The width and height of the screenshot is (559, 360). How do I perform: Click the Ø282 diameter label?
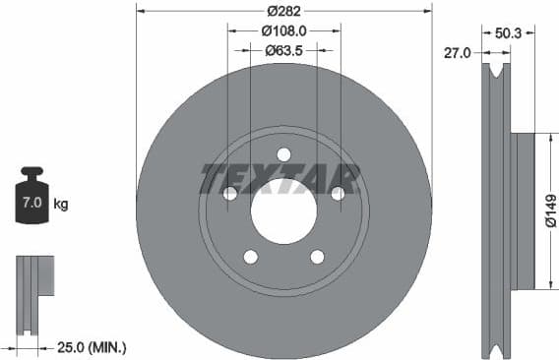click(283, 11)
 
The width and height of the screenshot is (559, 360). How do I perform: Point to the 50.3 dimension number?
click(509, 32)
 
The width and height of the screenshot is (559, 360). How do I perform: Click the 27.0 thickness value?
click(460, 53)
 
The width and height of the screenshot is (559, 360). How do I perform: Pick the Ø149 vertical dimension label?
click(550, 210)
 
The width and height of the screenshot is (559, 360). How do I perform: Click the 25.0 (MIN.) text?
click(92, 347)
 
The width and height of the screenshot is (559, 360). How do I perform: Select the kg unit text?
click(60, 205)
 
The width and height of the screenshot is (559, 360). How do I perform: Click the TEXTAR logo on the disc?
click(279, 178)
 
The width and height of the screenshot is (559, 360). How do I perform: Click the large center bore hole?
click(283, 210)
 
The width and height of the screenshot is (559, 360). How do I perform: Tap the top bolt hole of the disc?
click(283, 154)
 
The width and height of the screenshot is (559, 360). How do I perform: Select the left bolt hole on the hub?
click(230, 194)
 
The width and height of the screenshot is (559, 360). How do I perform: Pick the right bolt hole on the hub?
click(338, 194)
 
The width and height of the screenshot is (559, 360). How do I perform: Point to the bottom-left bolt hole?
click(251, 257)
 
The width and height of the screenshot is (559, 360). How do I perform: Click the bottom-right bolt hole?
click(317, 257)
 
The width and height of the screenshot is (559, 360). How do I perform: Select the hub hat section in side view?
click(522, 210)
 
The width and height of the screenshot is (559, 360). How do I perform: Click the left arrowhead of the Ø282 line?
click(139, 11)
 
